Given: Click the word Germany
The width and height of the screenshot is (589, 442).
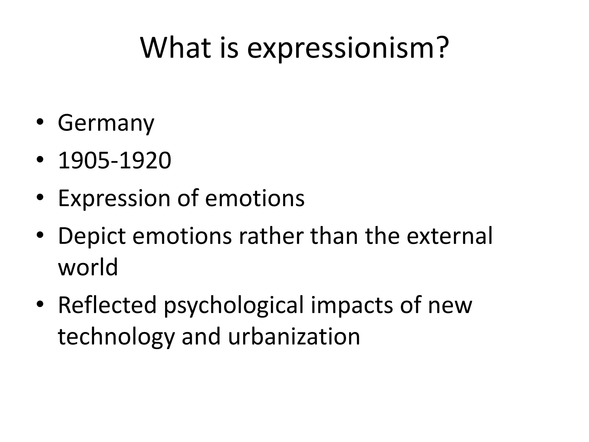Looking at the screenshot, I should click(x=106, y=123).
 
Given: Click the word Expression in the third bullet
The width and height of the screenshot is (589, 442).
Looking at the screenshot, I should click(x=114, y=198).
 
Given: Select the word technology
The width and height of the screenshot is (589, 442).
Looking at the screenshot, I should click(x=116, y=337).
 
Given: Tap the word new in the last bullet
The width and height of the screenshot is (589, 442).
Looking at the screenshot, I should click(x=450, y=306).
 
